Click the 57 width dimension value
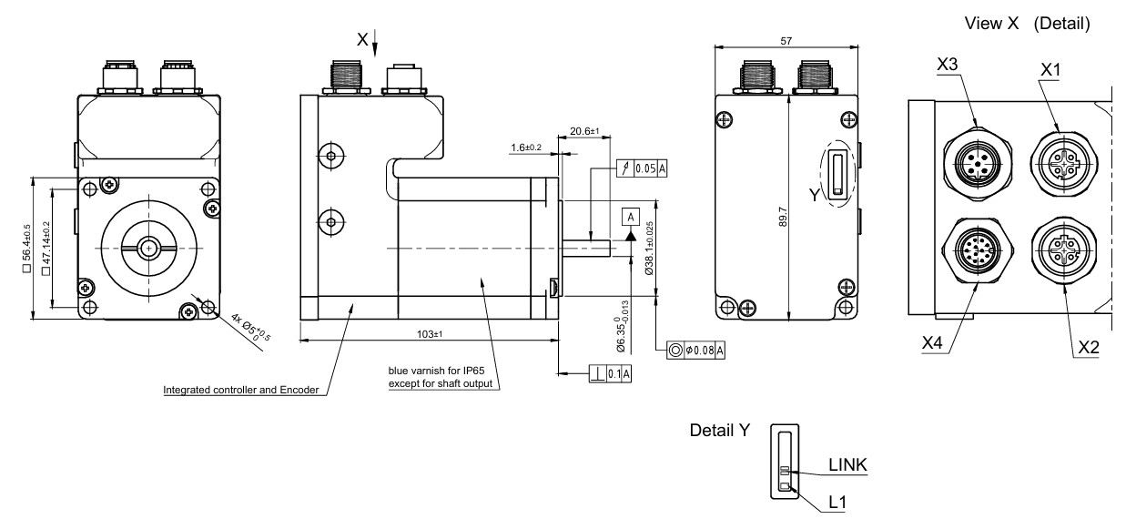click(x=786, y=41)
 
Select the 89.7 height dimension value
click(x=783, y=217)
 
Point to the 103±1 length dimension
click(x=430, y=334)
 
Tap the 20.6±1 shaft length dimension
click(x=584, y=131)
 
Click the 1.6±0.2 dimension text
click(x=526, y=148)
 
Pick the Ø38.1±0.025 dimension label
click(x=650, y=249)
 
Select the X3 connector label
click(x=947, y=65)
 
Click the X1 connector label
click(x=1050, y=69)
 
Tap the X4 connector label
click(x=932, y=343)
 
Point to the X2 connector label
click(x=1089, y=348)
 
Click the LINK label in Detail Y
click(x=847, y=464)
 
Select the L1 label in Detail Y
click(x=837, y=503)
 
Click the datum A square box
click(x=631, y=217)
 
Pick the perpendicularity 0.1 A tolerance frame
click(x=610, y=374)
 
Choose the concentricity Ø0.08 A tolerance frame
click(x=695, y=350)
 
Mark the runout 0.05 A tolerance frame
click(x=642, y=168)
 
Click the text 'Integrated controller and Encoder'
click(x=241, y=390)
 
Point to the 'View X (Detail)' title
click(x=1027, y=24)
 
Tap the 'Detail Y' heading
click(x=720, y=430)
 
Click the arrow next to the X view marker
click(x=375, y=43)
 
